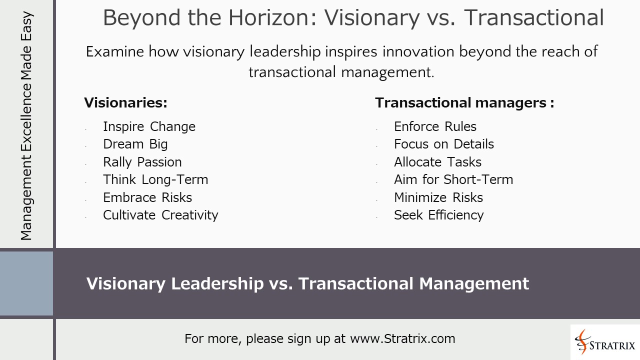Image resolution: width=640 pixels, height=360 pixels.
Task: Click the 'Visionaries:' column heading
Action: pyautogui.click(x=125, y=103)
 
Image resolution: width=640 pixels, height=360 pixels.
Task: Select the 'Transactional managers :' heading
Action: pyautogui.click(x=464, y=103)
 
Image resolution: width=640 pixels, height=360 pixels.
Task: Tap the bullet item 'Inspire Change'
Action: pyautogui.click(x=149, y=127)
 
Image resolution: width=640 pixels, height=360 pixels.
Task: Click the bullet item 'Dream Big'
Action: pyautogui.click(x=135, y=144)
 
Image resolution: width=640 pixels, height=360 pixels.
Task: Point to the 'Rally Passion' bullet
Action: pyautogui.click(x=142, y=162)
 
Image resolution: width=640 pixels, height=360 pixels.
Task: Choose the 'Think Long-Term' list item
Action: pyautogui.click(x=155, y=180)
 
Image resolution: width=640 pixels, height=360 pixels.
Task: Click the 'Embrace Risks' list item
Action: pyautogui.click(x=147, y=197)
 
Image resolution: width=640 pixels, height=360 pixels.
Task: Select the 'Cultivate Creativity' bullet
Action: pyautogui.click(x=160, y=215)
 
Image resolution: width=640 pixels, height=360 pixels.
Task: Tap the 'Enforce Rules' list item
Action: pyautogui.click(x=435, y=127)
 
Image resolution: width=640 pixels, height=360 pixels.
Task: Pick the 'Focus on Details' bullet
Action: pyautogui.click(x=443, y=144)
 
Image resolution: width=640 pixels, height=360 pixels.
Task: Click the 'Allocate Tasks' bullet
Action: pyautogui.click(x=437, y=162)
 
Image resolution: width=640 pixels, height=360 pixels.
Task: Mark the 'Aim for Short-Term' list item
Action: pyautogui.click(x=453, y=180)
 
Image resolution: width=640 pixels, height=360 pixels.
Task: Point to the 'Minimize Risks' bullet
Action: pyautogui.click(x=438, y=197)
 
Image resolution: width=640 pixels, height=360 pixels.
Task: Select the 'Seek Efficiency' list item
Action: pyautogui.click(x=438, y=215)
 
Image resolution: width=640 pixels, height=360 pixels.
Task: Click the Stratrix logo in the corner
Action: pyautogui.click(x=605, y=342)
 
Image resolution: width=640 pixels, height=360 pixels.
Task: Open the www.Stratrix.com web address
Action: pyautogui.click(x=402, y=339)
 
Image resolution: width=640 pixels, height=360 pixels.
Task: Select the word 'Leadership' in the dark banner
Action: pyautogui.click(x=217, y=283)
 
